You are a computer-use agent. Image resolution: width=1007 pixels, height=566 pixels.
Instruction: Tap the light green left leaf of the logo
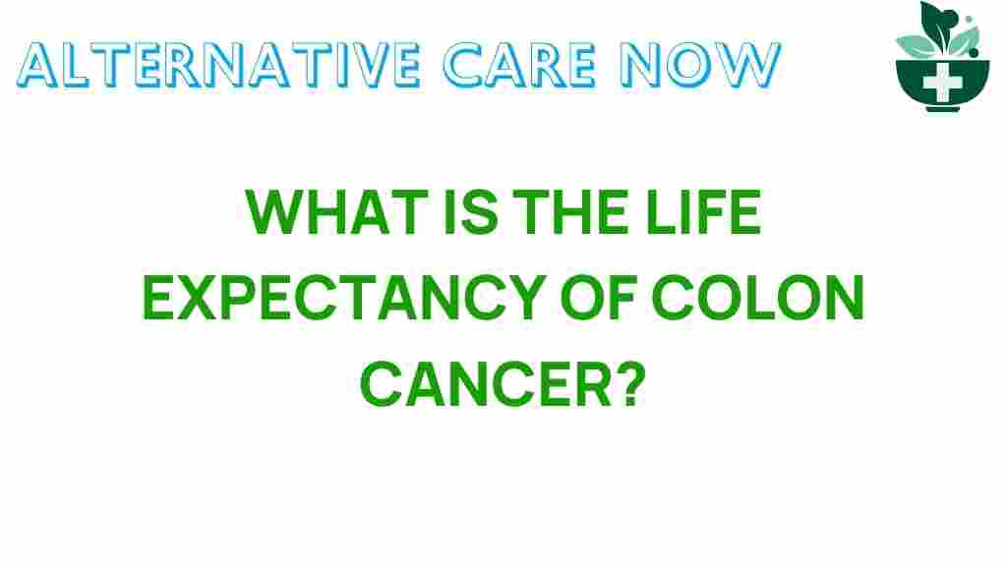[x=911, y=44]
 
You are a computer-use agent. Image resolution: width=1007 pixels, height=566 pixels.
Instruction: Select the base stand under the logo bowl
[x=941, y=108]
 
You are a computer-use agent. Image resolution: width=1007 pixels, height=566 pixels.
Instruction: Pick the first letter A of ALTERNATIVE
[x=39, y=65]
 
